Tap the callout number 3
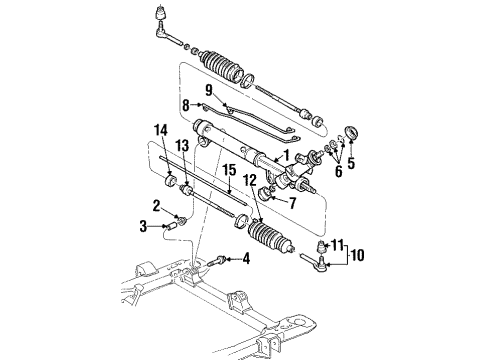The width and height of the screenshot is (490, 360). coord(146,227)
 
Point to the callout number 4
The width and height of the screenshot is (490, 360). coord(247,260)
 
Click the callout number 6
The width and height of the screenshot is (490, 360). coord(336,171)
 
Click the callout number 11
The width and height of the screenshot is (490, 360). coord(338,244)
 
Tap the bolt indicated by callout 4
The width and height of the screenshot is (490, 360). coord(220,260)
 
